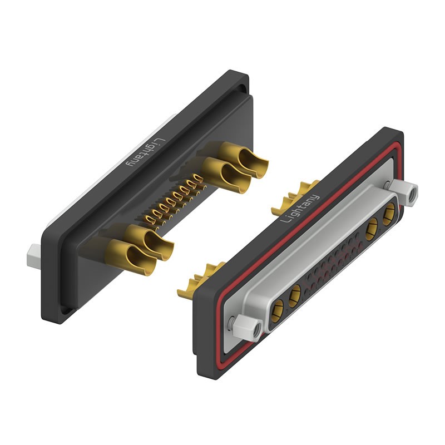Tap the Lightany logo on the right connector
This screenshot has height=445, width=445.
coord(300,208)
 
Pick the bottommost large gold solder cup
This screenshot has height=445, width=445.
coord(131,257)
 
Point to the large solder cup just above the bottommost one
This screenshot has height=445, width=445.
coord(149,242)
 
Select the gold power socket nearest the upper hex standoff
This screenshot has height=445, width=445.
coord(388,214)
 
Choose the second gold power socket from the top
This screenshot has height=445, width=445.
coord(372,229)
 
